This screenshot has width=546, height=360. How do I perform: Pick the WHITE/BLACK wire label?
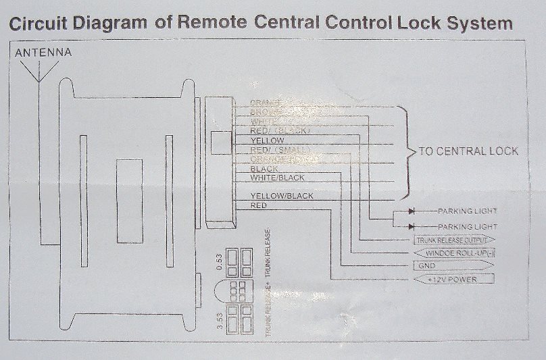coord(277,178)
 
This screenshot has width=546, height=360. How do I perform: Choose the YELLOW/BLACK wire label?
coord(282,196)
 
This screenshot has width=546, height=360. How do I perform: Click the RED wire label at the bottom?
coord(259,205)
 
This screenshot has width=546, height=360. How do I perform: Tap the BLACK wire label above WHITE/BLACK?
coord(264,168)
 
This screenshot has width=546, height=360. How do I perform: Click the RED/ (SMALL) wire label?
coord(280,149)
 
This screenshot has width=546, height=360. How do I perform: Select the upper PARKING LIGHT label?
coord(468,211)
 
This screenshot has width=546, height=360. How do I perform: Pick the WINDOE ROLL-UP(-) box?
coord(451,253)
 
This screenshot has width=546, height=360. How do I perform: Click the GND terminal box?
coord(451,265)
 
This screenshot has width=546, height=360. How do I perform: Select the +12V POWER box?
coord(451,279)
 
